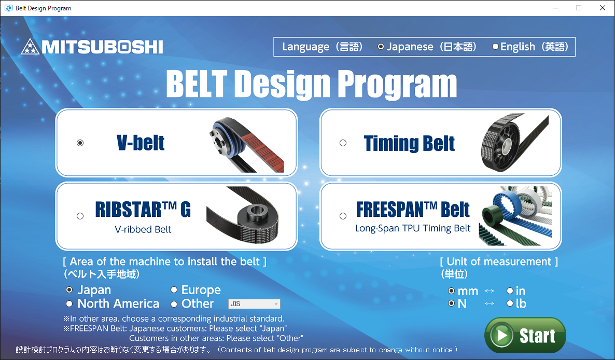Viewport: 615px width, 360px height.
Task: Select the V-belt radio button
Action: pos(80,143)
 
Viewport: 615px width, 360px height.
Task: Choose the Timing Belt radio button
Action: pos(343,143)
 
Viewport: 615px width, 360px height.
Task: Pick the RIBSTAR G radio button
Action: pos(80,216)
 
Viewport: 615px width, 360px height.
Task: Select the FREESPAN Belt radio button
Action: pos(343,216)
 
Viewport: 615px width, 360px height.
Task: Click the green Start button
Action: pos(525,335)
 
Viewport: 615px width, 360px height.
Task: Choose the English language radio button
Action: pos(495,47)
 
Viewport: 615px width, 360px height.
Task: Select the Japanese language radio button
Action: pos(381,47)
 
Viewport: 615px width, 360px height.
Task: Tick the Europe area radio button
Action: pos(174,290)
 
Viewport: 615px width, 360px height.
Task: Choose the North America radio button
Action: pos(69,303)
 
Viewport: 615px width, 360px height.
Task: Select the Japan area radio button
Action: pos(69,290)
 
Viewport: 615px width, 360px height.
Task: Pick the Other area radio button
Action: pos(174,304)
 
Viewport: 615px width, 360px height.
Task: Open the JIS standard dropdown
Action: pos(254,304)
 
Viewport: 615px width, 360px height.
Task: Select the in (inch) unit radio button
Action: pos(510,291)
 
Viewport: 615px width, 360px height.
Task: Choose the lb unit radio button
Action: pos(510,303)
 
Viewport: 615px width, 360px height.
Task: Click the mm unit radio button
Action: pos(452,291)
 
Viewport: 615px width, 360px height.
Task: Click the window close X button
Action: pos(603,8)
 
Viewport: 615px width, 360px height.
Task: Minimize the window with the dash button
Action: pos(555,8)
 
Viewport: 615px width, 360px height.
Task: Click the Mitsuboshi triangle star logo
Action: pos(30,47)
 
